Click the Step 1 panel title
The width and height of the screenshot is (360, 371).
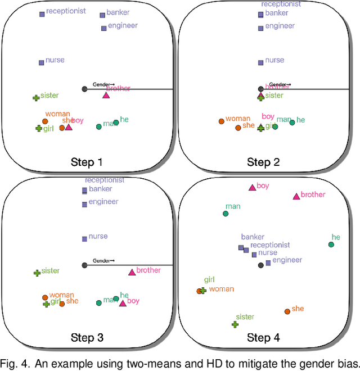pos(87,162)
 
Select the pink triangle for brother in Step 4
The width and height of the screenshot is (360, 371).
pos(296,196)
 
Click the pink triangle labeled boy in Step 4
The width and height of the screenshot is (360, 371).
pos(252,187)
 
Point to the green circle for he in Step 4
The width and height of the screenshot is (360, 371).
pos(331,245)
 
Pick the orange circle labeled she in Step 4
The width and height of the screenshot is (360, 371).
pos(287,311)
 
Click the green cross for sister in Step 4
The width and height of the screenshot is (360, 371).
pos(235,324)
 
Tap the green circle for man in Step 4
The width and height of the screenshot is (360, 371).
pos(226,214)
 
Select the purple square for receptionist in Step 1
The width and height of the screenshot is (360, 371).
pos(42,14)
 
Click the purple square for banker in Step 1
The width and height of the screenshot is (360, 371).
pos(102,15)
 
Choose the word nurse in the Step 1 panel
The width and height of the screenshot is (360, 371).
pos(55,60)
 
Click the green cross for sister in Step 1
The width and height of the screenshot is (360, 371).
pos(36,98)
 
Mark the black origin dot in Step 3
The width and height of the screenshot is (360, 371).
pos(84,265)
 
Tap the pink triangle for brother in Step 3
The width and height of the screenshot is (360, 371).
pos(132,273)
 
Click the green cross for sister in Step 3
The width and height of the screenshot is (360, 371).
pos(37,273)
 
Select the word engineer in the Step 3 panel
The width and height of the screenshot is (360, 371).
pos(103,202)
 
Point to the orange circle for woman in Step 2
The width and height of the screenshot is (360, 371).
pos(221,121)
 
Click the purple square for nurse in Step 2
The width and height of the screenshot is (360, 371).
pos(260,62)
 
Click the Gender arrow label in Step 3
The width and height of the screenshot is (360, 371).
pos(103,261)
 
